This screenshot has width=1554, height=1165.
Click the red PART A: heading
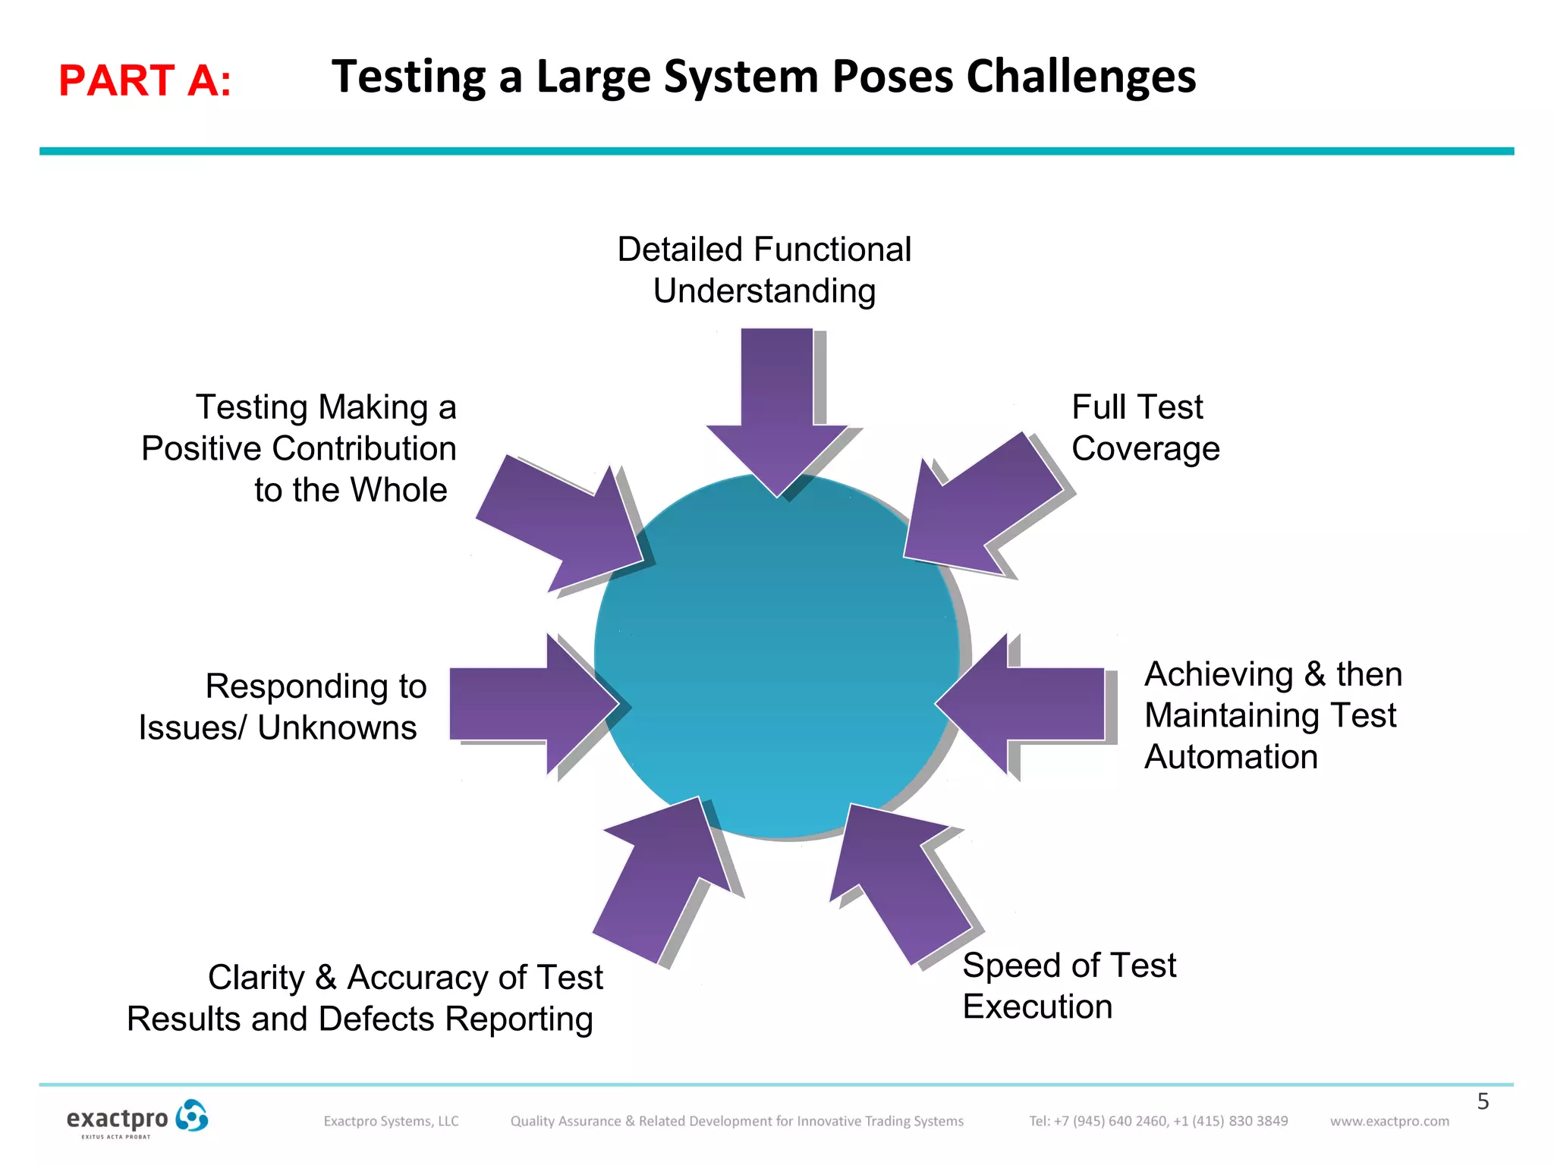[x=144, y=80]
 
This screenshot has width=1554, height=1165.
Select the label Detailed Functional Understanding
[x=764, y=270]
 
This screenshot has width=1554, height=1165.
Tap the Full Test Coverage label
[x=1144, y=428]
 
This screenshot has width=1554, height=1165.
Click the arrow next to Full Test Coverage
[x=979, y=508]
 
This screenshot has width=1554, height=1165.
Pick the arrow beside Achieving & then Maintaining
[x=1024, y=704]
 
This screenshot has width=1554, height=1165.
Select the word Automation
[x=1231, y=757]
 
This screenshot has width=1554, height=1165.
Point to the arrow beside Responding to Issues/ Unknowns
[x=531, y=704]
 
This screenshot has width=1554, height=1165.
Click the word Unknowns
[x=337, y=728]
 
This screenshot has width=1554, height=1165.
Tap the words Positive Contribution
[x=298, y=449]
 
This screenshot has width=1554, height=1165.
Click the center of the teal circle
[x=777, y=656]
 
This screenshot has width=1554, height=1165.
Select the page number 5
[x=1483, y=1101]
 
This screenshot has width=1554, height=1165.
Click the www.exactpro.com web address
[x=1389, y=1121]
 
